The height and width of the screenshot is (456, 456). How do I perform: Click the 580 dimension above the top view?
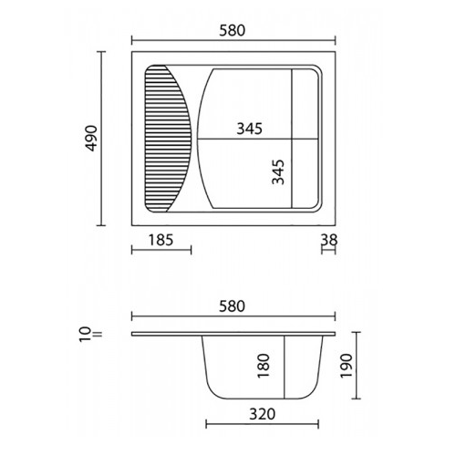tap(232, 30)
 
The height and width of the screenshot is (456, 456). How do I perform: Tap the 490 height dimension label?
tap(90, 139)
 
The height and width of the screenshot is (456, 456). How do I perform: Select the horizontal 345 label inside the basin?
tap(249, 129)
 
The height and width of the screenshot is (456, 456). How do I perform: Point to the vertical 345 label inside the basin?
tap(278, 172)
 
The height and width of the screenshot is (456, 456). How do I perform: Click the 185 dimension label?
tap(161, 240)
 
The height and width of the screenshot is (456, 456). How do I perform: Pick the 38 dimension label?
tap(329, 240)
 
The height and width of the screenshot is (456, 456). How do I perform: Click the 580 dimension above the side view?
tap(232, 306)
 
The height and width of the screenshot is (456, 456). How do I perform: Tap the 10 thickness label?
tap(86, 335)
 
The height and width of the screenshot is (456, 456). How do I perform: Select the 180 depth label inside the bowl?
tap(264, 366)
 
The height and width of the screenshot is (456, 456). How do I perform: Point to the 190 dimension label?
tap(347, 366)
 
